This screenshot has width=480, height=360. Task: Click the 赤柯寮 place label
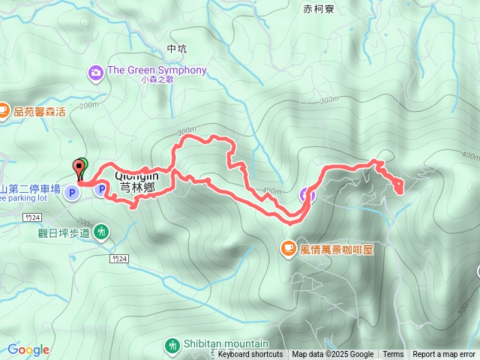click(319, 9)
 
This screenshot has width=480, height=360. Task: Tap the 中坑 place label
click(177, 49)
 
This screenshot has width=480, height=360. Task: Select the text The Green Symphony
click(157, 70)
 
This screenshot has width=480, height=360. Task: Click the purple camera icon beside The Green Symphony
click(97, 72)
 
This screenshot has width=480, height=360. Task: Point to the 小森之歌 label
click(157, 79)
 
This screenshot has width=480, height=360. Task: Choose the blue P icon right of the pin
click(100, 190)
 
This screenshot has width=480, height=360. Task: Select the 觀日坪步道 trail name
click(64, 232)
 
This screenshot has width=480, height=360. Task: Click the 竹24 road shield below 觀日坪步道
click(118, 258)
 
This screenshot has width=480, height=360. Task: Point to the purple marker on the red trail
click(306, 195)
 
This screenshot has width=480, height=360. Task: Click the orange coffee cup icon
click(289, 247)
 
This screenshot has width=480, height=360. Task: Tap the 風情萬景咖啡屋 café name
click(337, 247)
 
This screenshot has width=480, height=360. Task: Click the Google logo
click(28, 349)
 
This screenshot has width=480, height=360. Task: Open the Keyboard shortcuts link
click(250, 355)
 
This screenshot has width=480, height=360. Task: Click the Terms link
click(393, 355)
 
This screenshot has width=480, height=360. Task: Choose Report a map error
click(444, 355)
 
